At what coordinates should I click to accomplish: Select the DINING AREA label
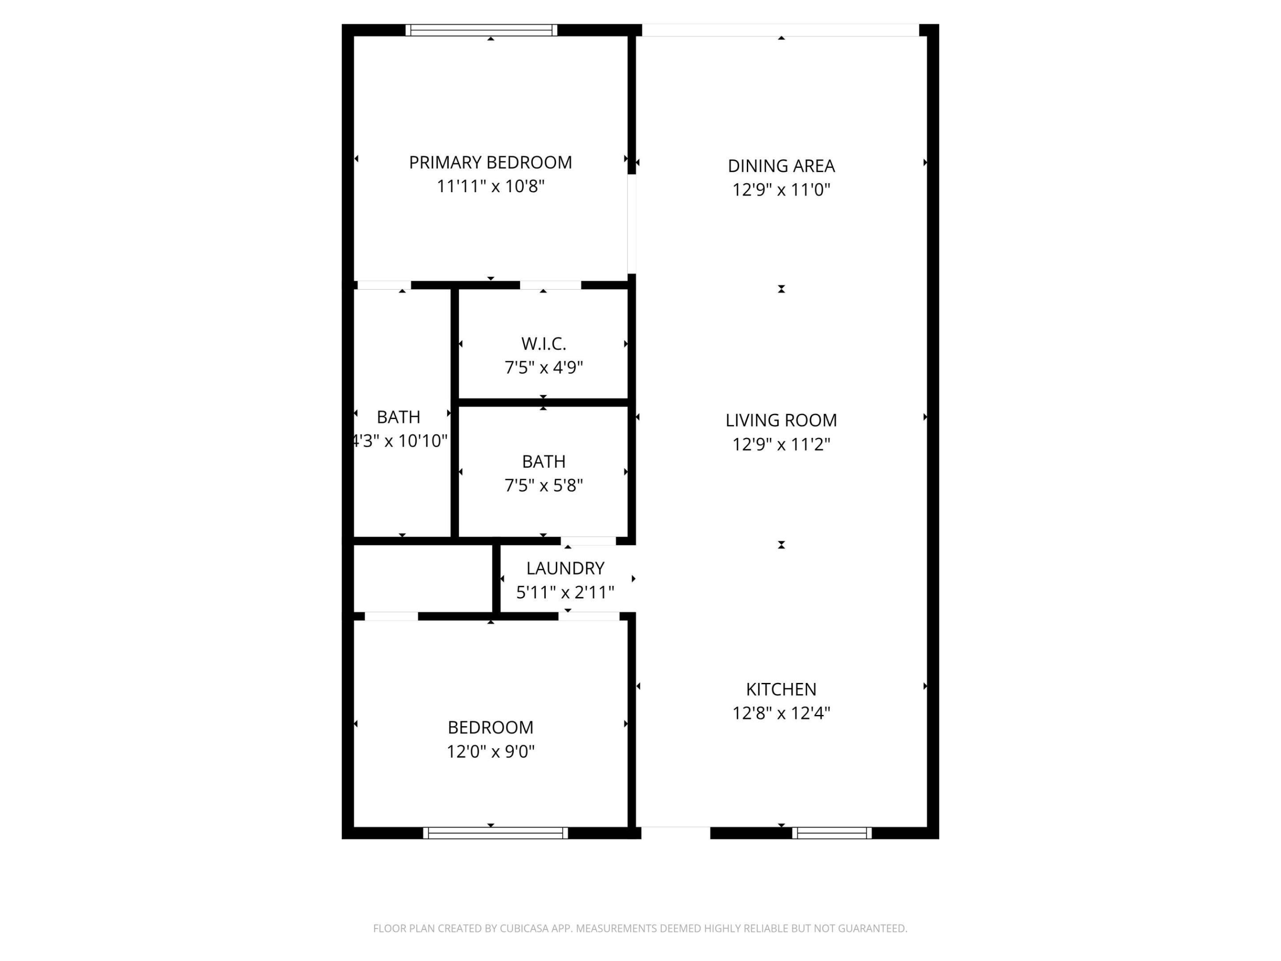coord(781,166)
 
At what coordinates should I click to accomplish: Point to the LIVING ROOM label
coord(781,420)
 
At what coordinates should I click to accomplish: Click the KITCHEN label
coord(781,689)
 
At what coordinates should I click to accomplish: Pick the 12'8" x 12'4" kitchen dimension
coord(781,713)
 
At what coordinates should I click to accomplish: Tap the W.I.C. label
coord(543,344)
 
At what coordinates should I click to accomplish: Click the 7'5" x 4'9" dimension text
coord(543,368)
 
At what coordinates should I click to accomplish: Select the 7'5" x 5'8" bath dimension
coord(543,485)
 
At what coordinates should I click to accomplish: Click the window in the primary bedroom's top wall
coord(481,30)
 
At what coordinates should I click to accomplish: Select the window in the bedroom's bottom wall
coord(495,833)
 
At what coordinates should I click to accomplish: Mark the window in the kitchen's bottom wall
coord(832,833)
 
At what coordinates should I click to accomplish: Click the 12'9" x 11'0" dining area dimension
coord(781,190)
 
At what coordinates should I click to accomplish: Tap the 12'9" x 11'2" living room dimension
coord(781,444)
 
